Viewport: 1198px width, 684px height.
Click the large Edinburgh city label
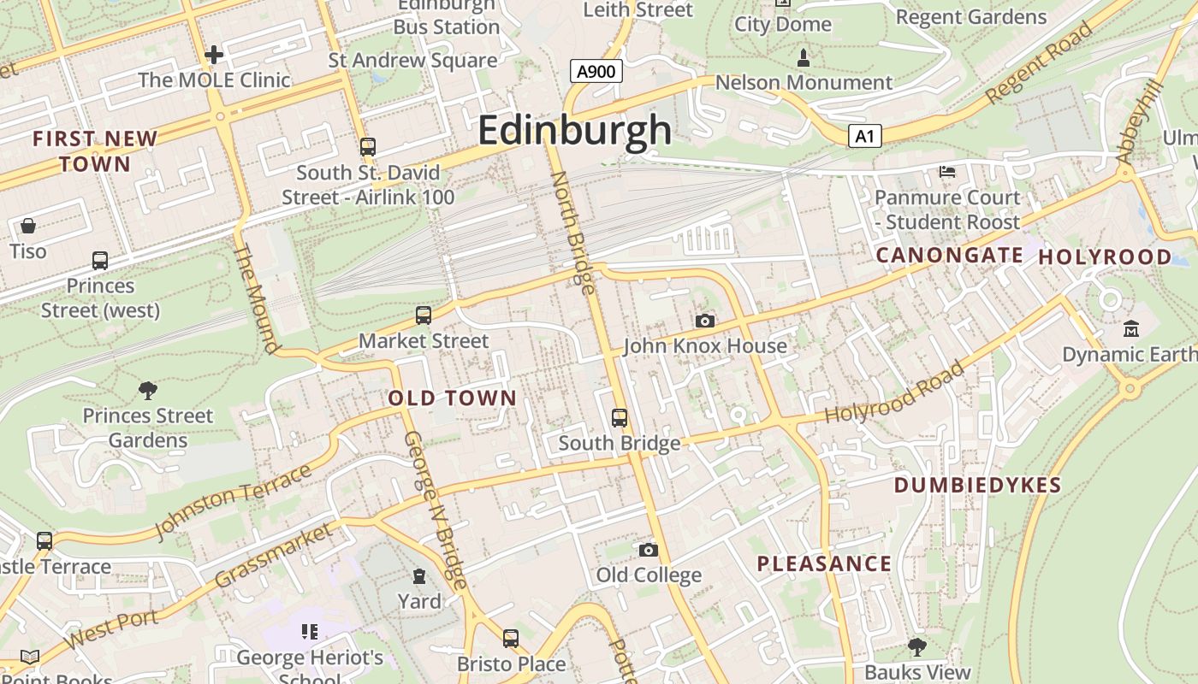(575, 131)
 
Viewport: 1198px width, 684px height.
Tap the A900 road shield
(596, 71)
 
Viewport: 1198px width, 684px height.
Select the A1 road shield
(865, 136)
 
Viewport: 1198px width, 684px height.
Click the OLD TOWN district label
(453, 398)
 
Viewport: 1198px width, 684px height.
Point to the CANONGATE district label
(949, 255)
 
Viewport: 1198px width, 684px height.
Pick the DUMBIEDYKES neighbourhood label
(977, 485)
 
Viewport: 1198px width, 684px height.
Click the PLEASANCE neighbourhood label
(824, 563)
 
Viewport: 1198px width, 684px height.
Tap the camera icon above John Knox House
(705, 321)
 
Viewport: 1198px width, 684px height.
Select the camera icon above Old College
(649, 549)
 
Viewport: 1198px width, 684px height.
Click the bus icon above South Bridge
(620, 418)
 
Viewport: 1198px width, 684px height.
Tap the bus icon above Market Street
(424, 315)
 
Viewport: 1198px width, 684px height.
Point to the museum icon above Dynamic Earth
(1131, 328)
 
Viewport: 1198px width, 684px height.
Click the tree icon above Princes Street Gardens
(148, 391)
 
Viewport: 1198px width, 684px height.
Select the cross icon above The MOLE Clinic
(214, 56)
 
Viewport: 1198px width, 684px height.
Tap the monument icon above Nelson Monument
(804, 58)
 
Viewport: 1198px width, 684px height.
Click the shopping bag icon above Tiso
(28, 226)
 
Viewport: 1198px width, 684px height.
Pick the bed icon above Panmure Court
(947, 172)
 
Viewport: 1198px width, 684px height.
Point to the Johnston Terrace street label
(232, 501)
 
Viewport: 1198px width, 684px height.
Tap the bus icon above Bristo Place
(511, 638)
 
